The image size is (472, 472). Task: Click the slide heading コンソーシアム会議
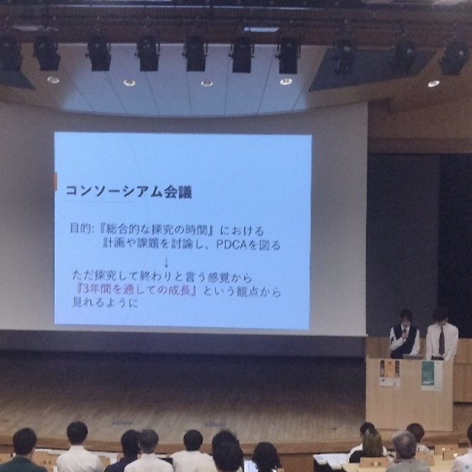tap(128, 191)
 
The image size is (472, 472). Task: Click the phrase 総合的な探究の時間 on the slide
tap(147, 231)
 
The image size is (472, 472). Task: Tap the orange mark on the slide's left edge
tap(56, 182)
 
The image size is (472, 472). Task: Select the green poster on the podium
tap(431, 375)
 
